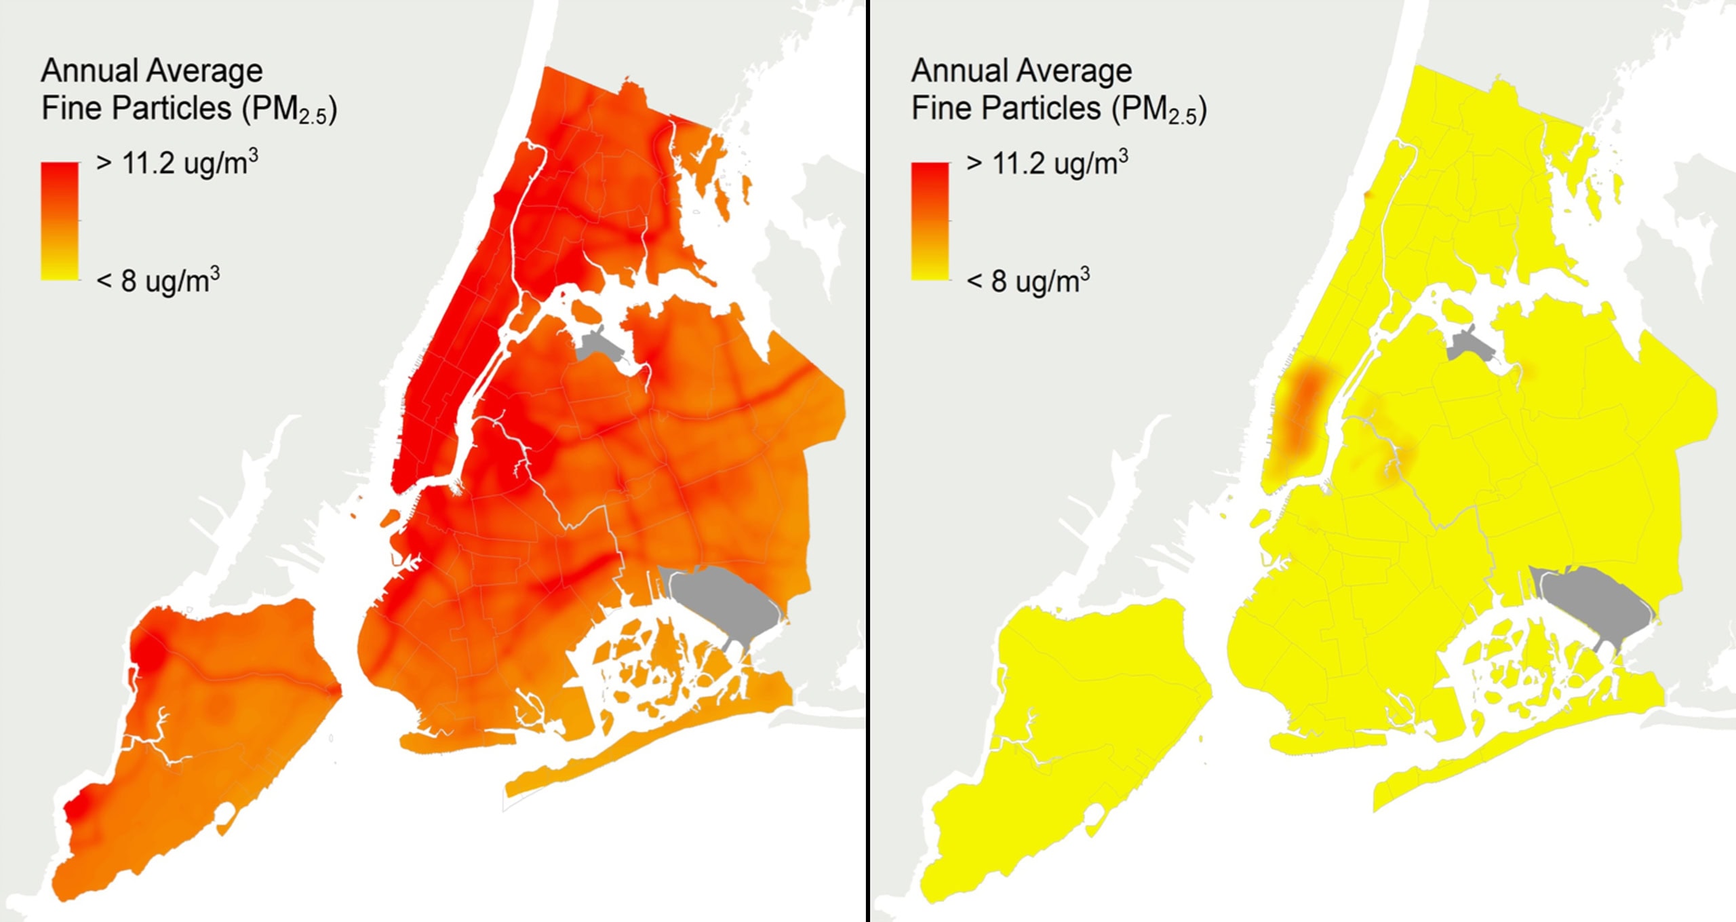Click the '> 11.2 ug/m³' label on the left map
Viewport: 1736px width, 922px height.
176,163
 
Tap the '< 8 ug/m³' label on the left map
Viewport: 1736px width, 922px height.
157,280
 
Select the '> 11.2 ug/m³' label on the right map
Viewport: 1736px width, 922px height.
1046,163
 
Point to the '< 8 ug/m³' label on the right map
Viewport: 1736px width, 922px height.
1027,280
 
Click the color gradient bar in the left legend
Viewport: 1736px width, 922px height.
60,220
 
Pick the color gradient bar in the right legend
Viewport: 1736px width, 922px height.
930,220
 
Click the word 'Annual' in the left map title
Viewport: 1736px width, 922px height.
90,71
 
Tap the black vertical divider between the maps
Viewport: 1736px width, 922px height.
868,461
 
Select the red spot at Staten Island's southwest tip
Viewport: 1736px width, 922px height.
76,811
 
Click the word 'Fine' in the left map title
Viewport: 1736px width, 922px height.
72,109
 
